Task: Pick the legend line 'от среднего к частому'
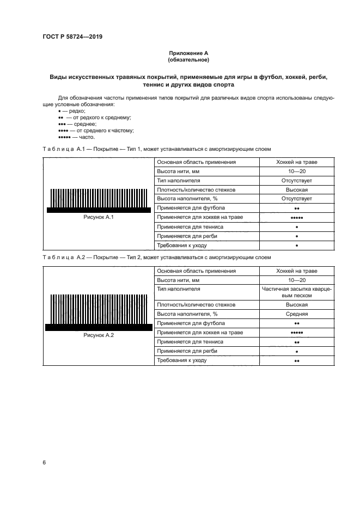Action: [x=96, y=130]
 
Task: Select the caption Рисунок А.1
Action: [x=98, y=217]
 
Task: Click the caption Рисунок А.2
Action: [x=98, y=335]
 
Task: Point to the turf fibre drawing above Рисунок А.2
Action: [x=99, y=312]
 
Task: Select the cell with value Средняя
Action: [x=297, y=314]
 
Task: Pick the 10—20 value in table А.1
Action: [x=297, y=171]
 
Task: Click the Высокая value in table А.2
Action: [x=297, y=305]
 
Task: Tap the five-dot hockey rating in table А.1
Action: [x=297, y=218]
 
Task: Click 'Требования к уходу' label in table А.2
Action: [x=182, y=360]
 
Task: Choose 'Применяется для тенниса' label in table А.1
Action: [x=188, y=226]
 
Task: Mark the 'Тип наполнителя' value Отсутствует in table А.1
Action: [x=297, y=181]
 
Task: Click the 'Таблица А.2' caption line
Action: [x=156, y=257]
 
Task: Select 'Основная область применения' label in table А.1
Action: [x=196, y=162]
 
